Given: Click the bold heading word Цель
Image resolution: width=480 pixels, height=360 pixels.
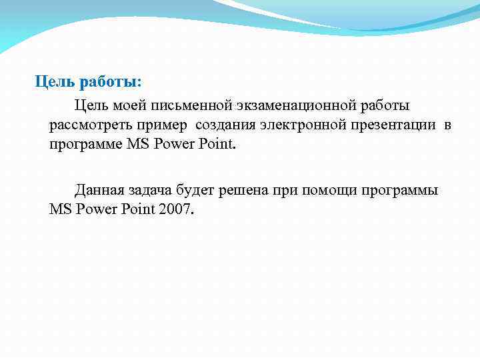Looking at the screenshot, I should (55, 82).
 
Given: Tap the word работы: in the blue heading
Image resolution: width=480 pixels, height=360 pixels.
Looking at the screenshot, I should (110, 82).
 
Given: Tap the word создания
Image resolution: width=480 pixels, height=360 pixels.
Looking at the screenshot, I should (225, 125).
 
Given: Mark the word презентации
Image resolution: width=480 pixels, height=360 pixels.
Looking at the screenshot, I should (390, 125).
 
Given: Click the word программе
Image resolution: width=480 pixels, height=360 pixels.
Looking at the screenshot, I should (85, 145).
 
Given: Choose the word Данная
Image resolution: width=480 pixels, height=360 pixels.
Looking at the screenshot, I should (98, 190).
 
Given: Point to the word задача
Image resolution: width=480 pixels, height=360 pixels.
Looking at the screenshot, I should (149, 190).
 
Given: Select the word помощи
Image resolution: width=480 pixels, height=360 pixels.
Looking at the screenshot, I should (326, 190).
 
